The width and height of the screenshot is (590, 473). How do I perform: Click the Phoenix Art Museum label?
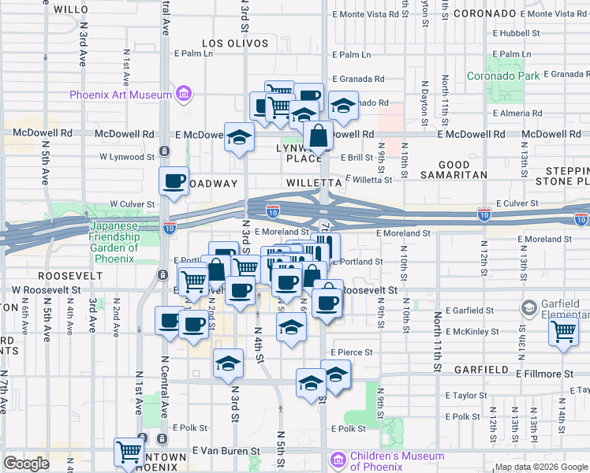tap(120, 95)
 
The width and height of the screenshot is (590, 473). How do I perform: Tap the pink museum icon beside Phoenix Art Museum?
tap(184, 95)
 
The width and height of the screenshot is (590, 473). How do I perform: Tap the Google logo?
tap(26, 464)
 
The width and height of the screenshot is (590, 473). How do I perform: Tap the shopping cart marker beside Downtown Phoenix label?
tap(129, 453)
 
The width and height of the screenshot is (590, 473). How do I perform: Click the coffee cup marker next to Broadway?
tap(174, 181)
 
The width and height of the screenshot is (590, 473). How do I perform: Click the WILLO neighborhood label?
tap(72, 9)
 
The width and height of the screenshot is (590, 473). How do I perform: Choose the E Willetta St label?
tap(368, 180)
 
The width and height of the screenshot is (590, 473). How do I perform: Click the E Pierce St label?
tap(351, 352)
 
